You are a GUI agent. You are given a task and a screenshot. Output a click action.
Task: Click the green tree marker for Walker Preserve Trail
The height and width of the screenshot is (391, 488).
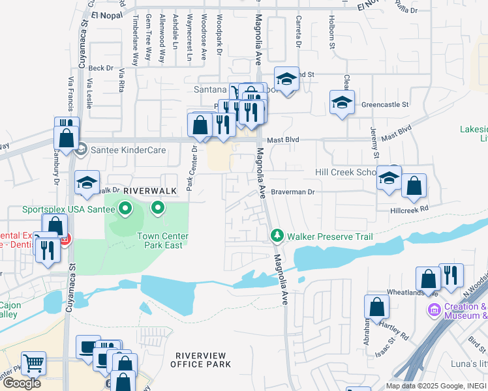[x=277, y=235]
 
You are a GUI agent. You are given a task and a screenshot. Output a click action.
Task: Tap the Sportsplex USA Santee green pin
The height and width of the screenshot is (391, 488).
[x=126, y=209]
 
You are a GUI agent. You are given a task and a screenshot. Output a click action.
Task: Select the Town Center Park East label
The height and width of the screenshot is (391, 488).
[x=162, y=240]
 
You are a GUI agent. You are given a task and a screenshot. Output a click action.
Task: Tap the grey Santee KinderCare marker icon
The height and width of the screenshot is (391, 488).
[x=80, y=151]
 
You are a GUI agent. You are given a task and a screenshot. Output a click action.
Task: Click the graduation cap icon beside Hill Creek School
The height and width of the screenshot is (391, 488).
[x=389, y=179]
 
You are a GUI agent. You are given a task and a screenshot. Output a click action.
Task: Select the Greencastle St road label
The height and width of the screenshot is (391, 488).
[x=385, y=104]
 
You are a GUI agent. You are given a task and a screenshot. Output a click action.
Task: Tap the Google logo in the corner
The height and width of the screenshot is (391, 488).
[x=21, y=383]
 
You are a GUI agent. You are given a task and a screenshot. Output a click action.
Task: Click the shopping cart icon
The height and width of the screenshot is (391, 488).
[x=33, y=362]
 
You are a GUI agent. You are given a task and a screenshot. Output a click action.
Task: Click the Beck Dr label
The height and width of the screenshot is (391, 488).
[x=101, y=68]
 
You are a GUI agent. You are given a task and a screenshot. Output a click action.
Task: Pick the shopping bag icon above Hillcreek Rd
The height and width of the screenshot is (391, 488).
[x=414, y=186]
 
